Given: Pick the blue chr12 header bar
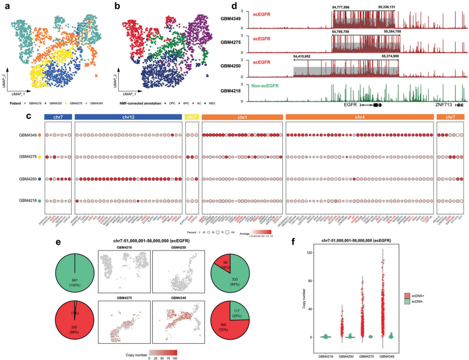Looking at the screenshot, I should (x=127, y=117).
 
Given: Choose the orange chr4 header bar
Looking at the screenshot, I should (x=359, y=117).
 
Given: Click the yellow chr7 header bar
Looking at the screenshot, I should (x=191, y=117).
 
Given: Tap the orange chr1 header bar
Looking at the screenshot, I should (x=242, y=117).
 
